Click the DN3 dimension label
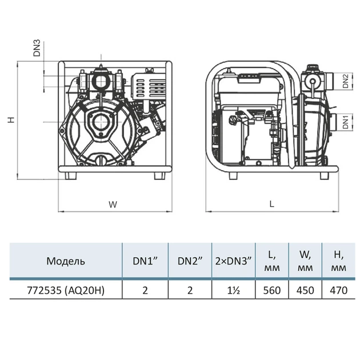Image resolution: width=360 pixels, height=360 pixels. (37, 48)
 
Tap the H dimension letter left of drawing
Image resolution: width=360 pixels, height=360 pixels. (11, 119)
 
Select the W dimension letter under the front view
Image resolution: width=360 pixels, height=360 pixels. (113, 204)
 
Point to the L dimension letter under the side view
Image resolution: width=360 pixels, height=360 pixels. (272, 204)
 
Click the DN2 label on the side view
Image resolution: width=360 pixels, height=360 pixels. (346, 81)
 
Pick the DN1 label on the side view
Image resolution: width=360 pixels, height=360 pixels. (346, 122)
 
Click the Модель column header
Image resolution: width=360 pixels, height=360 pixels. (66, 261)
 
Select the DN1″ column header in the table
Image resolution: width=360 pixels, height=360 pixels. (145, 261)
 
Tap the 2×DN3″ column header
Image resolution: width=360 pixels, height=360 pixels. (234, 261)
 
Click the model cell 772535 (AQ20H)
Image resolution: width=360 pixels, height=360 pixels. (66, 290)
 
